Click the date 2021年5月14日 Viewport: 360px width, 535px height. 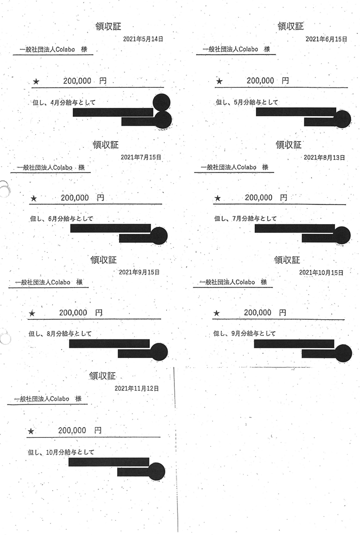(x=143, y=39)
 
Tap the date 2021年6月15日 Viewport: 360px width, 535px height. (x=326, y=39)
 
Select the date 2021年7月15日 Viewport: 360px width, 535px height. (x=141, y=157)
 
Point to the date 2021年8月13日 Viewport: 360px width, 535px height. (x=324, y=157)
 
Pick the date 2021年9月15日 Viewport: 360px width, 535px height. (x=139, y=272)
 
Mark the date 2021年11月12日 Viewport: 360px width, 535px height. (x=137, y=388)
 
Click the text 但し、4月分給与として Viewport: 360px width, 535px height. (x=65, y=103)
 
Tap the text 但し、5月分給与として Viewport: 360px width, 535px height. (x=247, y=103)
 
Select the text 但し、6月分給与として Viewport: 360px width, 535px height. (x=63, y=219)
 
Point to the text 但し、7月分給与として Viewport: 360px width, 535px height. (x=245, y=218)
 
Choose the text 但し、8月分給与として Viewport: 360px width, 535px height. (x=62, y=333)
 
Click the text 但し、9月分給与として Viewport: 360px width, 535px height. (x=244, y=333)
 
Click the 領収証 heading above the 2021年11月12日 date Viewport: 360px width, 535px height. (x=103, y=376)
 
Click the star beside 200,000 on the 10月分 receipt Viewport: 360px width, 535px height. (x=31, y=431)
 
